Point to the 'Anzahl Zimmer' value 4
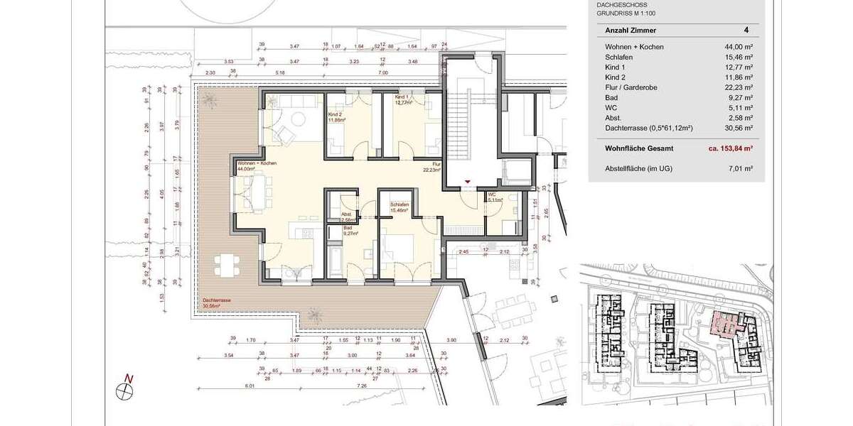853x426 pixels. (746, 31)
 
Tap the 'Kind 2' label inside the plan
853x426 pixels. (336, 114)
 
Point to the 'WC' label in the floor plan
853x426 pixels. (491, 194)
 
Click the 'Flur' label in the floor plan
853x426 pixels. (436, 164)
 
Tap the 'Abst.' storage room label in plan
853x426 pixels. (347, 214)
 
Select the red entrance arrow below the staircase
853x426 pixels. (467, 182)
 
